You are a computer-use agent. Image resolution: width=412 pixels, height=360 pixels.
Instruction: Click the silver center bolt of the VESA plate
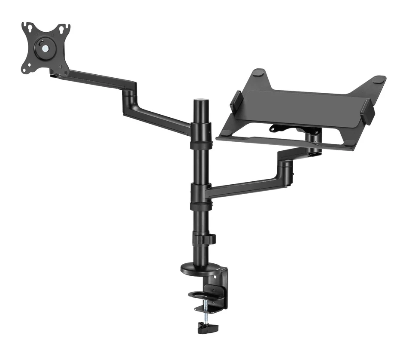45,48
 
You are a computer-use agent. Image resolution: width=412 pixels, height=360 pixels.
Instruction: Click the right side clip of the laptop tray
368,111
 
